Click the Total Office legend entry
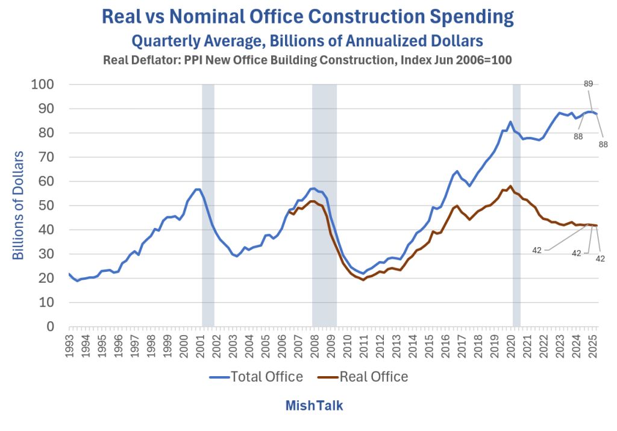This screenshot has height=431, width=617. coord(256,377)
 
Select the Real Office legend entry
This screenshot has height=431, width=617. coord(363,377)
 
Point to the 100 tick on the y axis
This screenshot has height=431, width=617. coord(42,84)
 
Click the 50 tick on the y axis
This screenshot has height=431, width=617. coord(46,206)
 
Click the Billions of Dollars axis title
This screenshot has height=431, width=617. coord(19,206)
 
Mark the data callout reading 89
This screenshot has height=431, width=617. coord(589,84)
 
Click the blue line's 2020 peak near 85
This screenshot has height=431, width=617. coord(510,122)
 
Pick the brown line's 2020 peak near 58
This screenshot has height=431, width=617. coord(510,186)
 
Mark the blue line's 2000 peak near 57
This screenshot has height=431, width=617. coord(197,189)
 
